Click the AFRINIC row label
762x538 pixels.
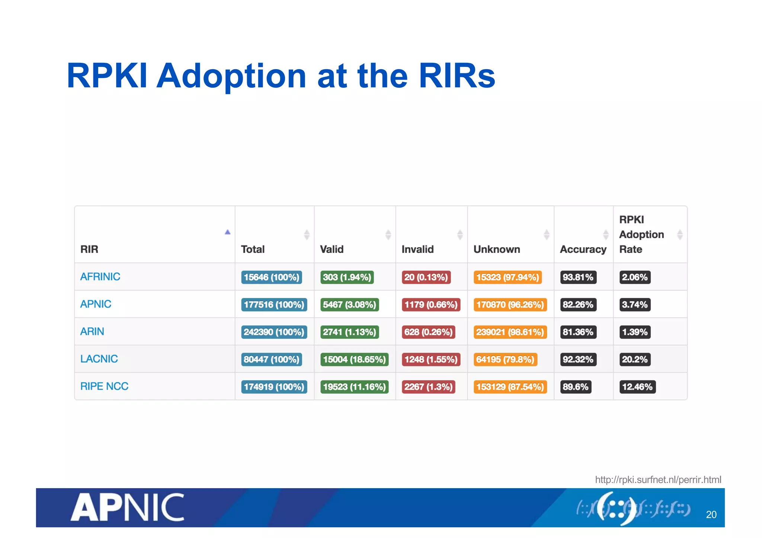point(100,277)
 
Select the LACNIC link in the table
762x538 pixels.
point(99,359)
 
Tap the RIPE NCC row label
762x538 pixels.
point(104,386)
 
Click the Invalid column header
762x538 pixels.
point(417,249)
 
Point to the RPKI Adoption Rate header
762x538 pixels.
point(641,234)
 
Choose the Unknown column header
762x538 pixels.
point(496,249)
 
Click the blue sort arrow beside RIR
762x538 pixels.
point(228,232)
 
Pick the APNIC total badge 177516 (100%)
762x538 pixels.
point(274,305)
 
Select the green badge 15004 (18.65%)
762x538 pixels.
point(354,360)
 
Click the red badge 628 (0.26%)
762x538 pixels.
point(428,332)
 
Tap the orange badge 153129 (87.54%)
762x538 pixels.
point(510,387)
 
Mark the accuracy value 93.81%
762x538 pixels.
point(578,277)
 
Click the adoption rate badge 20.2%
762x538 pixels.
point(635,360)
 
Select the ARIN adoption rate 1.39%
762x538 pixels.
point(635,332)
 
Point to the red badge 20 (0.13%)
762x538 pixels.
point(426,277)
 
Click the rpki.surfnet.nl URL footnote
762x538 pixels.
point(658,480)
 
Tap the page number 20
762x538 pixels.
point(711,515)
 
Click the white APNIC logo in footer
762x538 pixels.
point(128,507)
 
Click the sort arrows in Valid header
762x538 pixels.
point(388,235)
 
